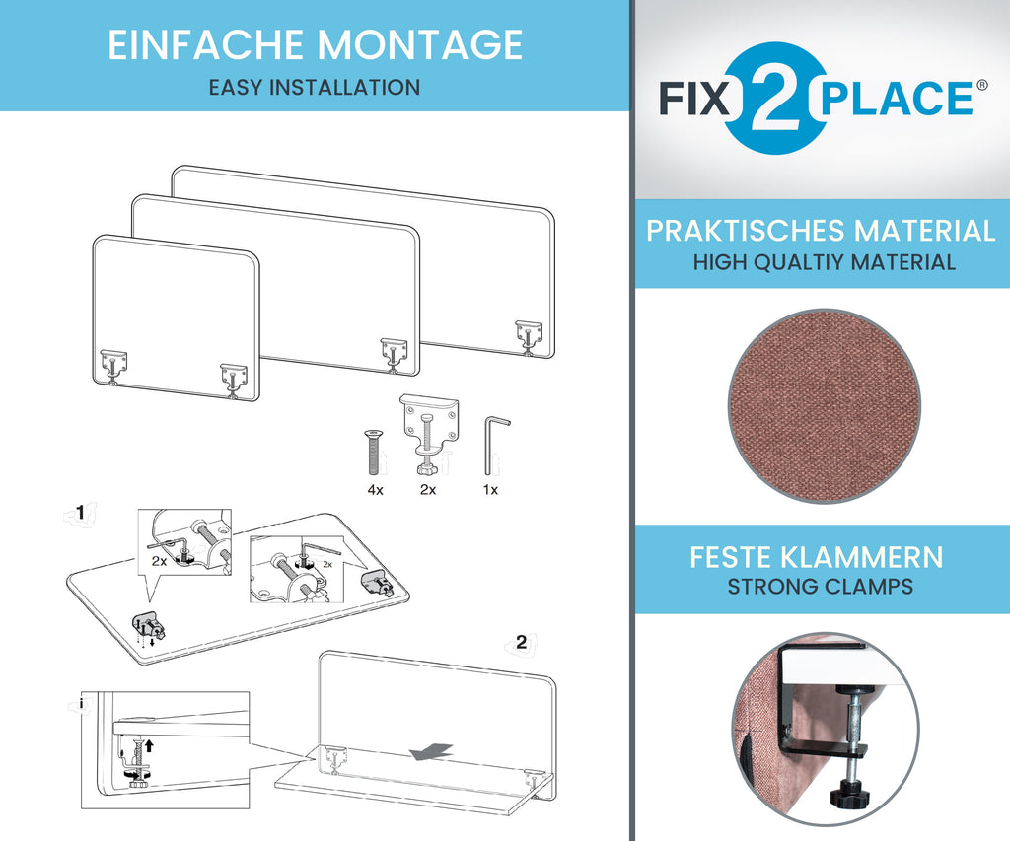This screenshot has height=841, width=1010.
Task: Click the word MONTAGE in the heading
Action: [x=419, y=44]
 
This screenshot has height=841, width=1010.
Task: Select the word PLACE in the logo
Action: [x=898, y=99]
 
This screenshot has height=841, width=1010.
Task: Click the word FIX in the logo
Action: [x=694, y=99]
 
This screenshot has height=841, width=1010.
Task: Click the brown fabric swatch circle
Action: [x=824, y=405]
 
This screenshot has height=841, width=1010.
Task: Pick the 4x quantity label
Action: [x=375, y=490]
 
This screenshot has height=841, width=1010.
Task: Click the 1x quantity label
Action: [x=490, y=490]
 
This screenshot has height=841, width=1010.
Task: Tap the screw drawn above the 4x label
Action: [x=373, y=453]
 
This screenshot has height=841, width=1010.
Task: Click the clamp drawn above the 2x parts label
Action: [x=428, y=433]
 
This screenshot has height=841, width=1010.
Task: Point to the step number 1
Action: [x=80, y=512]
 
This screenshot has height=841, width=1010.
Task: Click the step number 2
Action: [x=521, y=642]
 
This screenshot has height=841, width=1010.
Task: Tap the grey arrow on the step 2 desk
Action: [x=432, y=751]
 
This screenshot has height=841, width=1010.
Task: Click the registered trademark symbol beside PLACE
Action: [x=981, y=85]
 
